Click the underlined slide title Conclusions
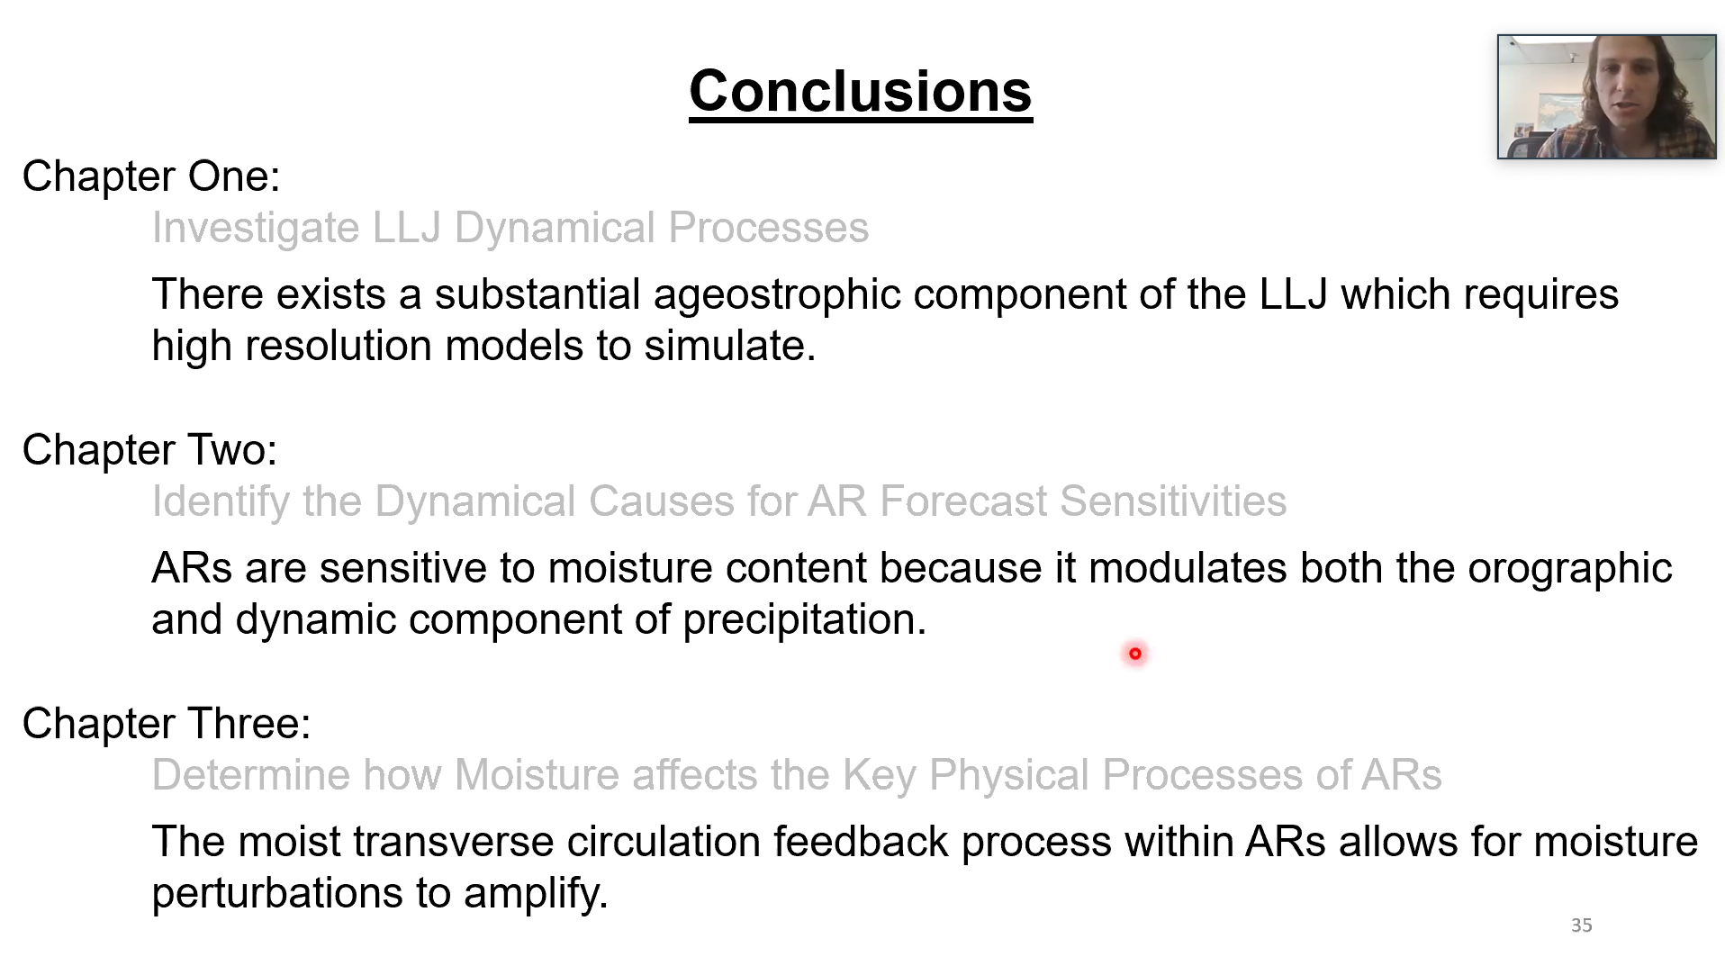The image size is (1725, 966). tap(860, 92)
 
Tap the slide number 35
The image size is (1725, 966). tap(1581, 925)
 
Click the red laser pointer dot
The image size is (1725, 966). tap(1134, 654)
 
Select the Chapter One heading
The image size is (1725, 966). tap(151, 176)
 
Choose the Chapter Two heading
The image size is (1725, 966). tap(149, 450)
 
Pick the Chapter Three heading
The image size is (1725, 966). tap(167, 724)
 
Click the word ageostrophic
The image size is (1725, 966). tap(777, 295)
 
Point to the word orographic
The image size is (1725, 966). tap(1569, 569)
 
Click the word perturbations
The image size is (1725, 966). tap(277, 894)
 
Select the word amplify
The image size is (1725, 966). tap(536, 894)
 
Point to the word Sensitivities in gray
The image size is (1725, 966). tap(1173, 501)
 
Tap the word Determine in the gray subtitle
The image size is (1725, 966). tap(251, 775)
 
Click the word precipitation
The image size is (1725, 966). tap(804, 620)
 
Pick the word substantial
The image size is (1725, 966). tap(537, 294)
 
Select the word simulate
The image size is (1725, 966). tap(729, 346)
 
